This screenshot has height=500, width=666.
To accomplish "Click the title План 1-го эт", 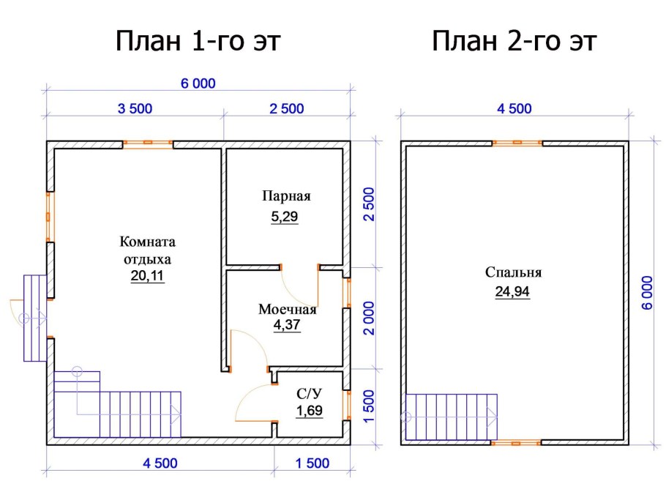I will click(x=198, y=42).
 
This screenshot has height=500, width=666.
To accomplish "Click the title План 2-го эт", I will click(x=515, y=42).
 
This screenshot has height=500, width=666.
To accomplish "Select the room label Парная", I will click(x=286, y=196).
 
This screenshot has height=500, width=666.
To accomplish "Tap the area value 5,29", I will click(x=285, y=217).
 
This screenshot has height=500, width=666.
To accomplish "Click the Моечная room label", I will click(x=287, y=310).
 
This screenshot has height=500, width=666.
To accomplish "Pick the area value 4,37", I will click(x=287, y=326).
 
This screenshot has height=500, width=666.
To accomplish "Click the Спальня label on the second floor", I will click(x=513, y=273).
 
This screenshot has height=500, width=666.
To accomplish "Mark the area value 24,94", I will click(x=512, y=292).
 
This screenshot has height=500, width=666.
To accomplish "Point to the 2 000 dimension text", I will click(x=370, y=317).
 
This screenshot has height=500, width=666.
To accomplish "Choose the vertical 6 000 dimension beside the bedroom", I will click(x=647, y=293).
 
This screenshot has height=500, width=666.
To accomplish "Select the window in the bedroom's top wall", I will click(x=517, y=143).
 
